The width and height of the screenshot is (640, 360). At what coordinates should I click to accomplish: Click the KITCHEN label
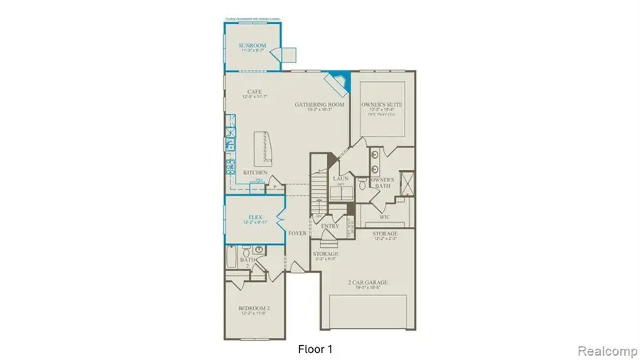255,173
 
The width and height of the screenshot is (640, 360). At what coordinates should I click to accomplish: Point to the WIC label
384,216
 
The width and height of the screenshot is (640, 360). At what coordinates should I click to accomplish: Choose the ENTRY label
329,226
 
